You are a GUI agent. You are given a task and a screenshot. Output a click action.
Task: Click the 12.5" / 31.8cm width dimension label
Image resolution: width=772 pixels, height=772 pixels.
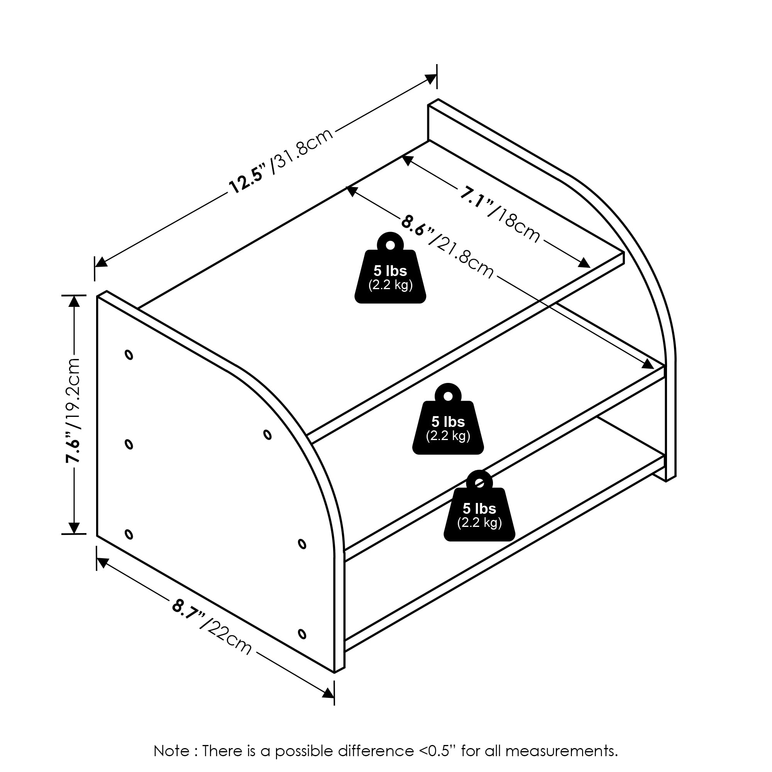point(281,161)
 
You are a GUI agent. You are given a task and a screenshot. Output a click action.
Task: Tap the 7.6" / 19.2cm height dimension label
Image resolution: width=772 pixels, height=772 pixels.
point(73,410)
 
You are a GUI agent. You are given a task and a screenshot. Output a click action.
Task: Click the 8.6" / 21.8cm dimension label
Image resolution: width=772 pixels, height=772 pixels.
point(447,247)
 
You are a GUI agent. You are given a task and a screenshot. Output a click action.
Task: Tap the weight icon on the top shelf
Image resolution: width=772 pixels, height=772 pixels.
point(390,268)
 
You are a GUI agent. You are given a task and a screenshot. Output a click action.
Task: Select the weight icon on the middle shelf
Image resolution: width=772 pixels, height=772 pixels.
point(448,419)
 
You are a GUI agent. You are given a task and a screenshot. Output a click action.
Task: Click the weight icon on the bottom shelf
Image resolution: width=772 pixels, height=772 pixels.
point(479,506)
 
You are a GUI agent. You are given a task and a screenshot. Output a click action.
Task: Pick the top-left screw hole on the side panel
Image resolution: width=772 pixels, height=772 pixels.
point(129,354)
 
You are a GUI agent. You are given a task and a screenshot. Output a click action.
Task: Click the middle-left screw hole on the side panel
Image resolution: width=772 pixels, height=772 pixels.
point(129,444)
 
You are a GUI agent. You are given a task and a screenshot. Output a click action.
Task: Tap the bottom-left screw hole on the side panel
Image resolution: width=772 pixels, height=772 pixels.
point(129,534)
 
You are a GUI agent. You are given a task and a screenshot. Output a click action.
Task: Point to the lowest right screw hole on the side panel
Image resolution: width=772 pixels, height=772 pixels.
point(302,634)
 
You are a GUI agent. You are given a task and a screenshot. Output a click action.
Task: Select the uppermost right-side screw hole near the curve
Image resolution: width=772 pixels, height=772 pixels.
point(268,434)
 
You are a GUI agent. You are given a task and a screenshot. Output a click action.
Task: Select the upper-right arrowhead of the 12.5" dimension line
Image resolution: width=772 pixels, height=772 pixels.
point(431,79)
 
